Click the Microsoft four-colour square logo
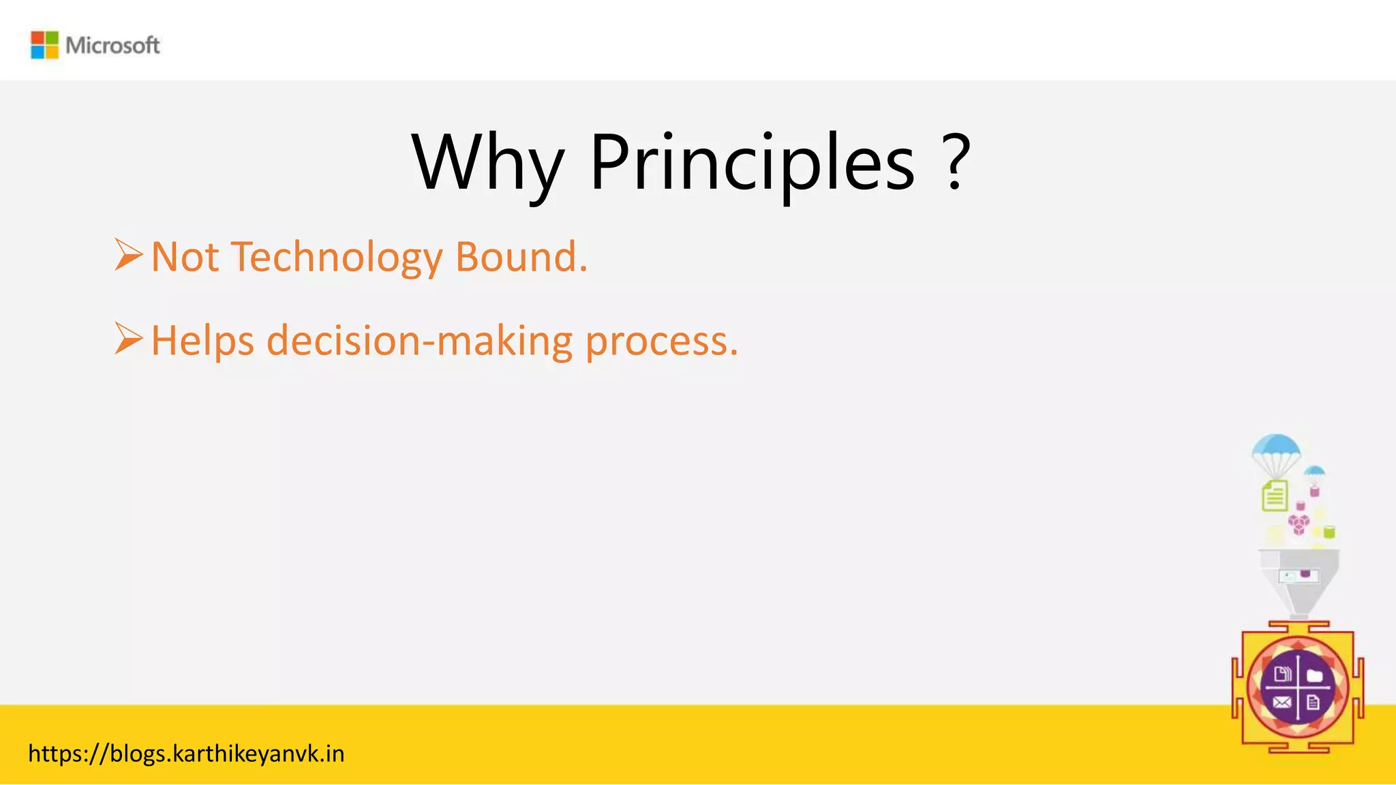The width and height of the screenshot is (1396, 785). point(45,45)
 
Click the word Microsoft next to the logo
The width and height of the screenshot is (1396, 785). point(112,46)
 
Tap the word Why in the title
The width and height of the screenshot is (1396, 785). point(487,164)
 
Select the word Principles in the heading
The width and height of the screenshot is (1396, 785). point(752,164)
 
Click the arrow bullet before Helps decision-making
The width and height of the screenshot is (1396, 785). point(128,339)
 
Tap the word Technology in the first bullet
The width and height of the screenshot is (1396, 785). point(337,258)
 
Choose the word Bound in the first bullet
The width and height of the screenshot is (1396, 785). point(520,257)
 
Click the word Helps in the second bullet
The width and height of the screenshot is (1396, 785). point(202,341)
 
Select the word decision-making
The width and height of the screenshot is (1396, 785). point(419,341)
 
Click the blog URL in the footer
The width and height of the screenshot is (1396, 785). point(186,754)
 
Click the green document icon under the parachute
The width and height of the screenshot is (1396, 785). point(1275,495)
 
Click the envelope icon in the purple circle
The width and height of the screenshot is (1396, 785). point(1281,703)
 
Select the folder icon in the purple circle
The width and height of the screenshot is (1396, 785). point(1315,675)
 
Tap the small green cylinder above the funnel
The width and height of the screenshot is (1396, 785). point(1329,532)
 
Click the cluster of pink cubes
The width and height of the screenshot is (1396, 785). point(1299,523)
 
